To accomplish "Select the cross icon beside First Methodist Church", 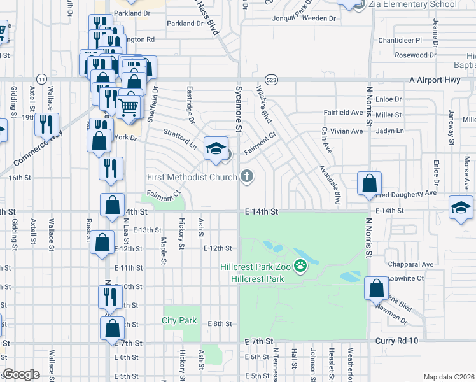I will [x=247, y=176].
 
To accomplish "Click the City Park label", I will [x=179, y=320].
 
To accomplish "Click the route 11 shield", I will [x=41, y=78].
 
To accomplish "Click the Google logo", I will [x=20, y=374].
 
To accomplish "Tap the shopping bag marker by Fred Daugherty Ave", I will [x=369, y=185].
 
